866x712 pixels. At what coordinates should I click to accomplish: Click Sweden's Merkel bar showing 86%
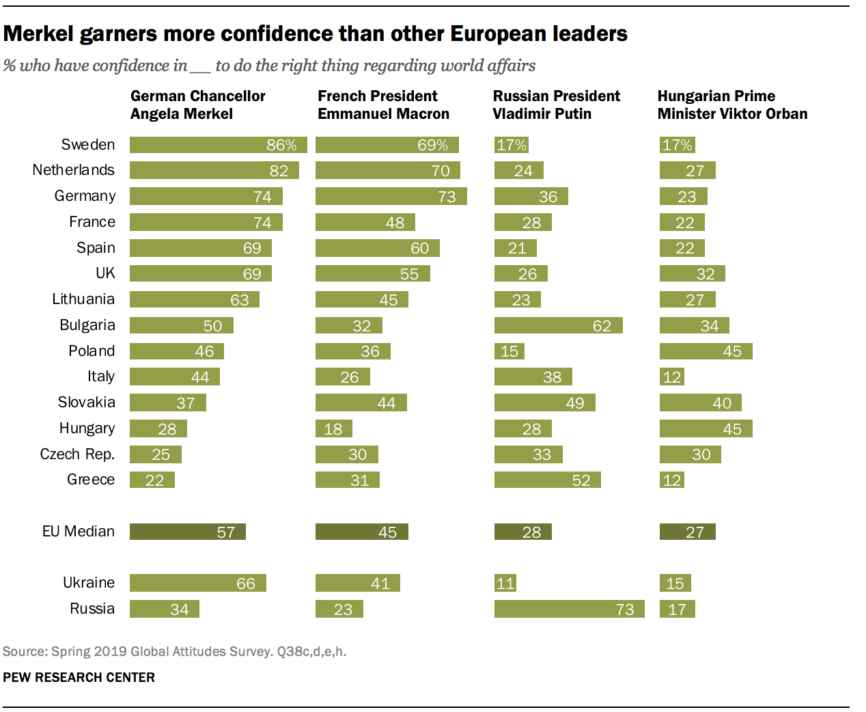pos(218,145)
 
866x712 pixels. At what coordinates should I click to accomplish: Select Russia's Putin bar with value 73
pos(569,609)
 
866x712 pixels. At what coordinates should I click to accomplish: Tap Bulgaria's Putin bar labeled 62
pos(558,325)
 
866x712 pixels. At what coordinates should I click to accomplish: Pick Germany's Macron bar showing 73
pos(391,197)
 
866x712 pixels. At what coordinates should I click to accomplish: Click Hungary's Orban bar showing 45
pos(706,428)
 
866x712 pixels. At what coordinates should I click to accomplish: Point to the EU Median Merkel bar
pos(187,532)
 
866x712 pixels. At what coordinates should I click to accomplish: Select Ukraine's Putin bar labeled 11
pos(505,583)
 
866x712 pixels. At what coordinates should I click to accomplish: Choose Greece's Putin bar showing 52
pos(547,480)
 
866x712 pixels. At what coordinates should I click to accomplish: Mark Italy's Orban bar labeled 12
pos(671,377)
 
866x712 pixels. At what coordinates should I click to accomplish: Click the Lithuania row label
pos(83,299)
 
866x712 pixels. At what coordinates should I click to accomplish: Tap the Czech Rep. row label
pos(77,454)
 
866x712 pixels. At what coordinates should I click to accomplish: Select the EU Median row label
pos(79,532)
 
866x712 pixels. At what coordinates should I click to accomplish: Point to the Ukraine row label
pos(89,583)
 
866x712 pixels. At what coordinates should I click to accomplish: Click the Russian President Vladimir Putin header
pos(556,105)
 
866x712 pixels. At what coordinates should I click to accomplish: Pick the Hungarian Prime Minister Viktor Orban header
pos(732,105)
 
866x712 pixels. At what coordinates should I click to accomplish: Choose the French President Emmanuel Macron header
pos(383,105)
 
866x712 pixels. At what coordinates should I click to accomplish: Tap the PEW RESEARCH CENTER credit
pos(79,677)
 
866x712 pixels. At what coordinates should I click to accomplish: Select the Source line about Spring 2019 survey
pos(174,651)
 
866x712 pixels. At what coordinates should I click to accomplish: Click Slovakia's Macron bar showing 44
pos(361,402)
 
